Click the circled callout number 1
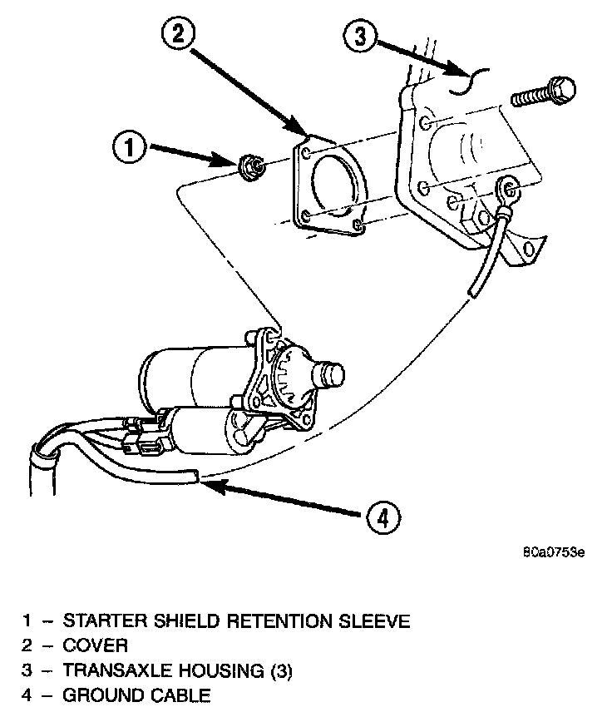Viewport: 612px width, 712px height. (130, 150)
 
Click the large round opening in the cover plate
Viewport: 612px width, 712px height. (335, 185)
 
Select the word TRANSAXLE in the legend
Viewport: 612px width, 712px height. (111, 671)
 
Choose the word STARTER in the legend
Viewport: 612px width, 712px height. (100, 621)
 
